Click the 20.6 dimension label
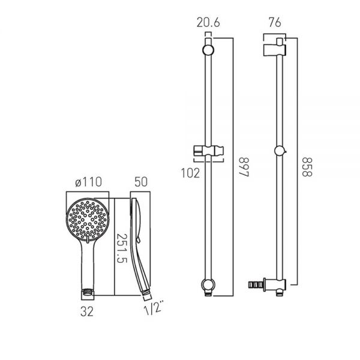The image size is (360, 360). click(x=208, y=23)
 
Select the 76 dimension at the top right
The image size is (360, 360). click(x=274, y=23)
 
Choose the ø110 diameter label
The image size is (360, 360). click(x=86, y=182)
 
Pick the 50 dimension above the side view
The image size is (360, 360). click(x=142, y=182)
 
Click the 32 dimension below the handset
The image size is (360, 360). click(x=87, y=312)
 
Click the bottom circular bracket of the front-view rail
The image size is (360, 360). click(x=208, y=283)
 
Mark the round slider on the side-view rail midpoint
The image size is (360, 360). click(x=279, y=152)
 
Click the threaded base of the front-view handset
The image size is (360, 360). click(x=87, y=293)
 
